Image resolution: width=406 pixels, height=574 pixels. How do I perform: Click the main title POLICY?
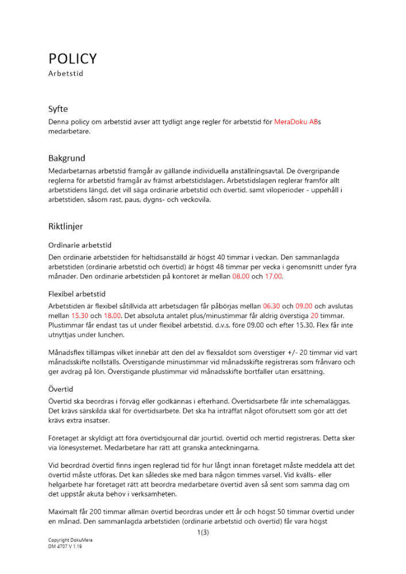click(72, 59)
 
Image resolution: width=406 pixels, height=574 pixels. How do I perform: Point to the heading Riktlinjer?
click(65, 227)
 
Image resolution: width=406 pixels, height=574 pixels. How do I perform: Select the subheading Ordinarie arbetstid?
click(80, 245)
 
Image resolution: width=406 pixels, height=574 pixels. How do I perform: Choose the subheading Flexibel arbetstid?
click(76, 294)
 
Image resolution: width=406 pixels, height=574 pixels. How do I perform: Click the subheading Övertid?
click(61, 389)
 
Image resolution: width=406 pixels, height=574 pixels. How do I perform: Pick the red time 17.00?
click(274, 277)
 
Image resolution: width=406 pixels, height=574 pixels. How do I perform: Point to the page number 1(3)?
click(203, 533)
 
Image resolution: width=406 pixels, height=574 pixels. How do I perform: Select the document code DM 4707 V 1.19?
click(65, 547)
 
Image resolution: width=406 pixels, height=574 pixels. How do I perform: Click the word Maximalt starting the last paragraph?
click(64, 511)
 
